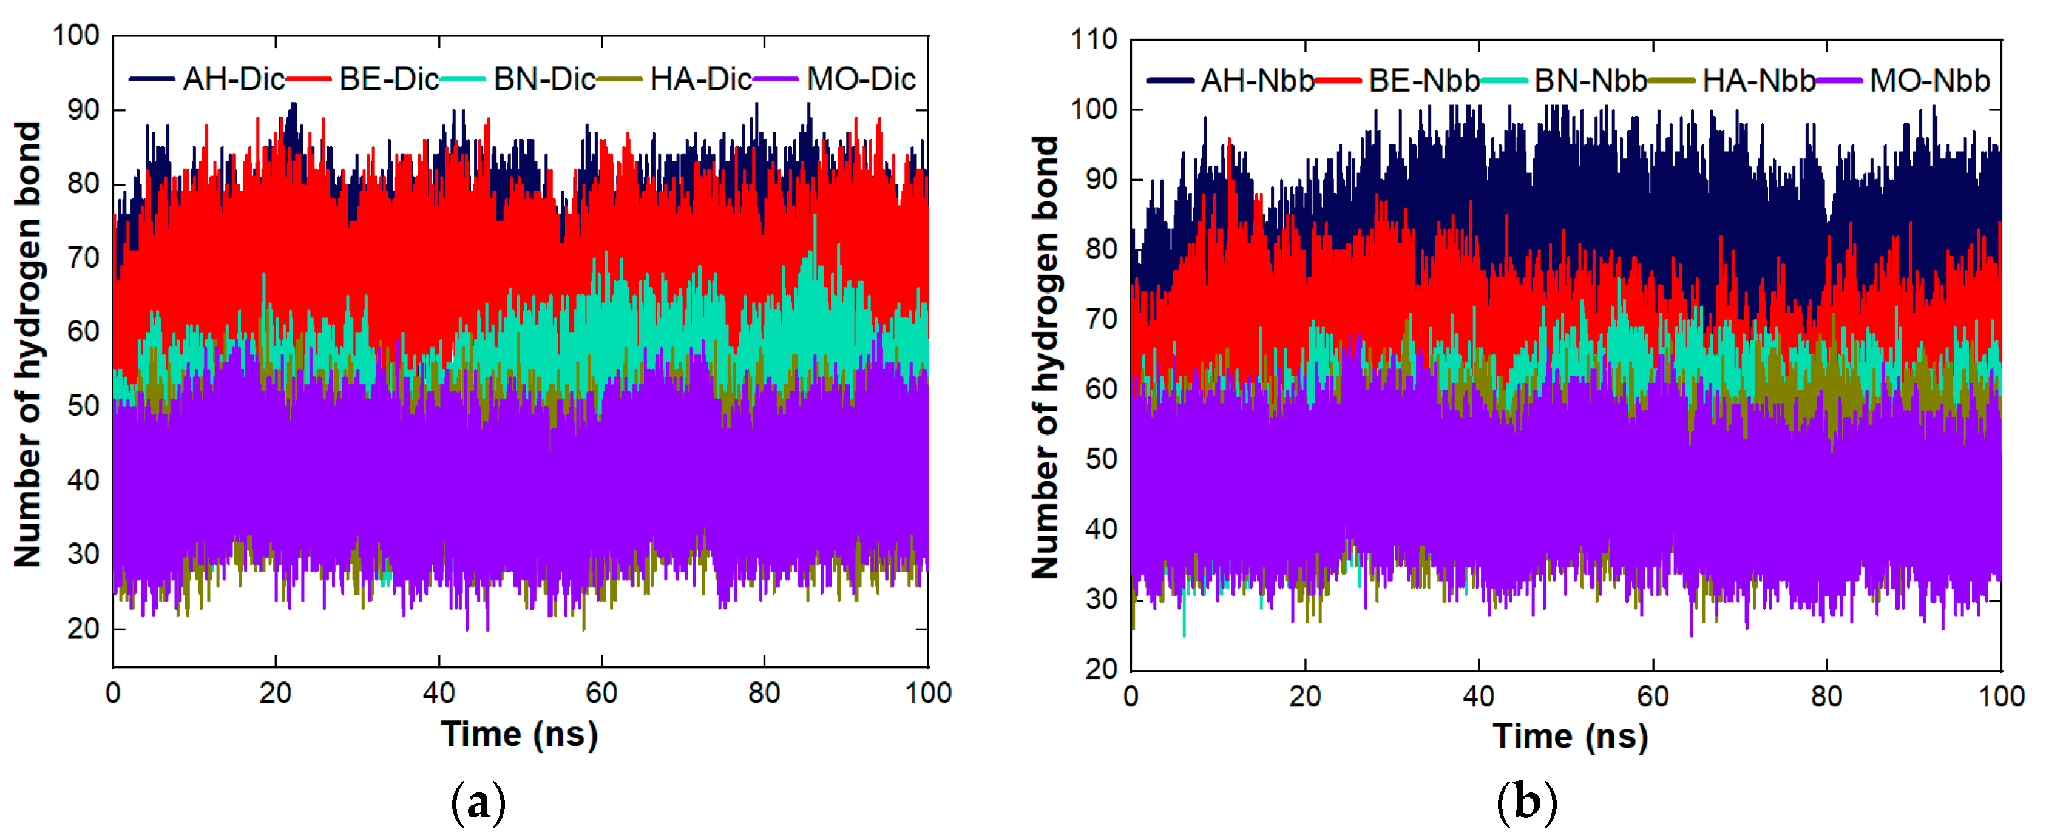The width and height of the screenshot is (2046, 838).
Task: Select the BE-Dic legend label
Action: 388,79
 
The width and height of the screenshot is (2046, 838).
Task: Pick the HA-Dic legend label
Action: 700,79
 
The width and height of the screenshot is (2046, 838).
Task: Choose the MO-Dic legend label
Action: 861,79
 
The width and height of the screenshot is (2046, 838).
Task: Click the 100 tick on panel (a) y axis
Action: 76,36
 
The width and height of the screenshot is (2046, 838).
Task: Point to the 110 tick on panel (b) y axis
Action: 1094,39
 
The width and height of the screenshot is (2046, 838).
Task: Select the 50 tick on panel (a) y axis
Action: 83,406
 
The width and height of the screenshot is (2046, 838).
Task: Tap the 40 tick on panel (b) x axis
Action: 1478,697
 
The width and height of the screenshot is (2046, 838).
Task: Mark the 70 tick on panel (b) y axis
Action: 1101,319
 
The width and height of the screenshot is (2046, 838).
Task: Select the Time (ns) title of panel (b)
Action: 1570,735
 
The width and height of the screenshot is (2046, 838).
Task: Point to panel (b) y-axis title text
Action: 1045,357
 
